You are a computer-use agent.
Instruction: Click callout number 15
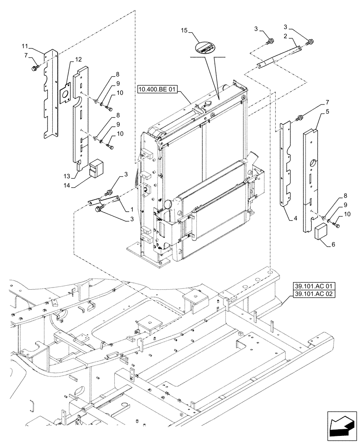click(184, 31)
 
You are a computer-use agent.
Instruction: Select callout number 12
click(78, 59)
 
